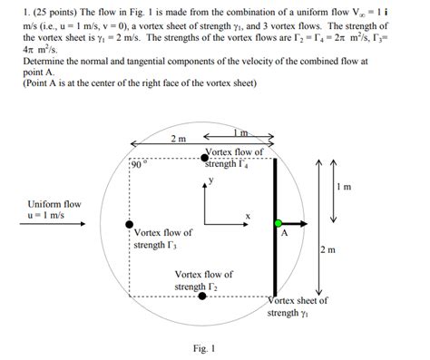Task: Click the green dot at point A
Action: click(279, 222)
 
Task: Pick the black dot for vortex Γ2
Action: click(202, 296)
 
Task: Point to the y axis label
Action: click(210, 180)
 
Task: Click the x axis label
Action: click(247, 216)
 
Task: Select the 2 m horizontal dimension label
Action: click(179, 138)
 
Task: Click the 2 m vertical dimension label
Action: click(328, 250)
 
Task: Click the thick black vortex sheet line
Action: click(275, 245)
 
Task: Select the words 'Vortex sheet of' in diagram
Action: click(299, 300)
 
